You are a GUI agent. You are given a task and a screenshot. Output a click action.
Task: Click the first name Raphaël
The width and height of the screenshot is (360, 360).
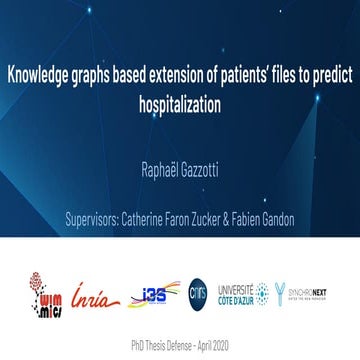(157, 177)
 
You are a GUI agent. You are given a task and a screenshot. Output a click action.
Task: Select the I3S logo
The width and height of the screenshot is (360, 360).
(149, 293)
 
